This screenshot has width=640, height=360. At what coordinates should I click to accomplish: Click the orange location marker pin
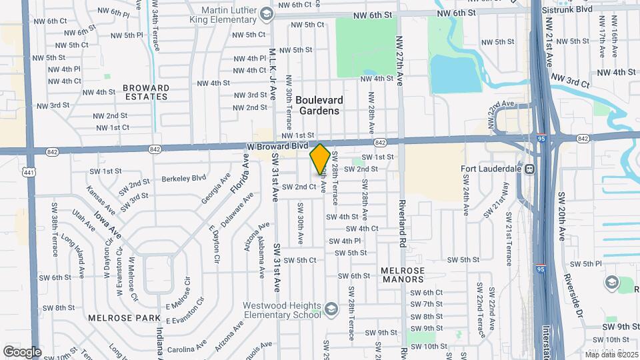coord(320,159)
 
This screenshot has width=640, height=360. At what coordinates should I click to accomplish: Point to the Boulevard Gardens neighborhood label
coord(319,105)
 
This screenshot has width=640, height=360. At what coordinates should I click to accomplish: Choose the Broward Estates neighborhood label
coord(145,92)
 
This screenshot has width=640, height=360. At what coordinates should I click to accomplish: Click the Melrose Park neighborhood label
coord(116,319)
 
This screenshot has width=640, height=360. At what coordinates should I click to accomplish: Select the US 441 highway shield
coord(28,172)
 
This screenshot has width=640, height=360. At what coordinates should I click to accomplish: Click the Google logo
coord(21,351)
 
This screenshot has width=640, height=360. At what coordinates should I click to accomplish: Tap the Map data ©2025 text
coord(611,354)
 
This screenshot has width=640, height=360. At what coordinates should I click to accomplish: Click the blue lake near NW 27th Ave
coord(455,73)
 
